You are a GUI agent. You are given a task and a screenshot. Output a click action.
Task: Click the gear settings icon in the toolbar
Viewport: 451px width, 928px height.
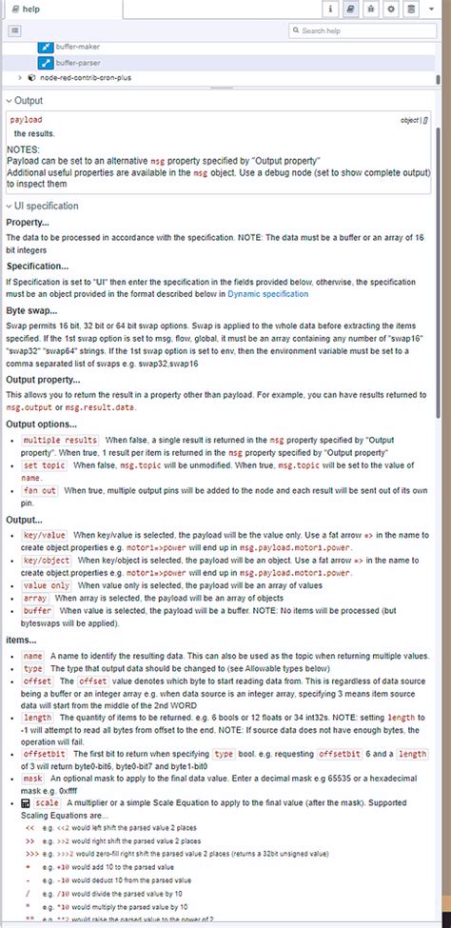(x=391, y=9)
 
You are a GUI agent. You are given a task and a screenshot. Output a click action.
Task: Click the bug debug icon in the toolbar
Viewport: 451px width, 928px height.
(x=371, y=9)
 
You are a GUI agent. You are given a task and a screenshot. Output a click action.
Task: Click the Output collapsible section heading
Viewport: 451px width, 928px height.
(x=29, y=100)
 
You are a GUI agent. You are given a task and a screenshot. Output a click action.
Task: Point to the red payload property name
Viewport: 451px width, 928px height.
(x=27, y=121)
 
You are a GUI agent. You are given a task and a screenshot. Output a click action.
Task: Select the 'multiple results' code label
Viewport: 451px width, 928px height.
(x=61, y=440)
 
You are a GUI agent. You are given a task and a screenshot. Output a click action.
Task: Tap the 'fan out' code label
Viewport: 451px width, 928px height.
(x=39, y=489)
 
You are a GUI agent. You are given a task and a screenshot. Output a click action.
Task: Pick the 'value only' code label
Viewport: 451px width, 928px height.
(x=47, y=585)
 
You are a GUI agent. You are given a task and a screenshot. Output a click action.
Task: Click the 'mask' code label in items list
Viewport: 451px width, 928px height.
(x=32, y=777)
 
